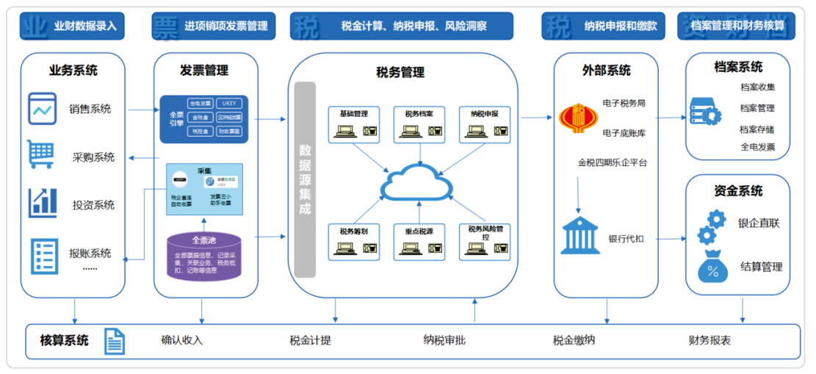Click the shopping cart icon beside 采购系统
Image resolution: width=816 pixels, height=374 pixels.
coord(41,154)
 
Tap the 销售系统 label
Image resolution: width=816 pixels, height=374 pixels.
coord(90,109)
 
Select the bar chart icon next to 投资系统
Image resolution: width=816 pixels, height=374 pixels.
coord(43,203)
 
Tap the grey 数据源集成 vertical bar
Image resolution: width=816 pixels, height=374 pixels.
coord(305,179)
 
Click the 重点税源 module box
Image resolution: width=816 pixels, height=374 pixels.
coord(419,240)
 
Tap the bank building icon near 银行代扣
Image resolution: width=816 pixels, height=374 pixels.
coord(579,236)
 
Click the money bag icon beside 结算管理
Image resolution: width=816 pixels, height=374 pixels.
coord(712,267)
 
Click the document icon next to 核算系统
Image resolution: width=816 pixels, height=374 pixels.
coord(115,341)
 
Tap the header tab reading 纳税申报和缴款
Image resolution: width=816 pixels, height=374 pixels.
coord(604,26)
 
